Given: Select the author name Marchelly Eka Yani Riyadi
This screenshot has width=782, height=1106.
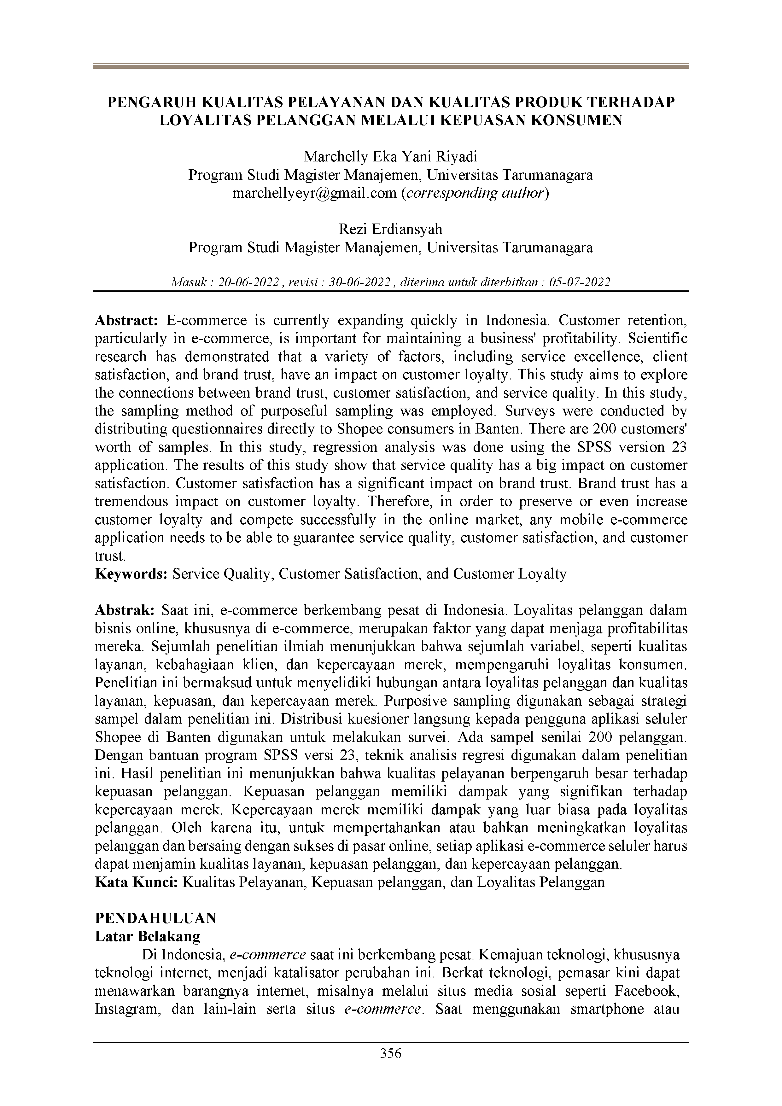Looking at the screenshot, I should [391, 157].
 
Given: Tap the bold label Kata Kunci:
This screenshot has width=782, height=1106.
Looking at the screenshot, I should [137, 882].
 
